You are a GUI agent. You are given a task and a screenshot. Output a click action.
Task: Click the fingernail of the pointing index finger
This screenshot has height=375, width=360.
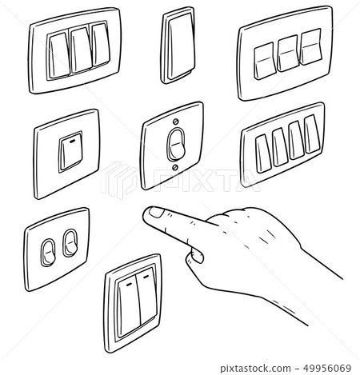[x=153, y=212]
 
